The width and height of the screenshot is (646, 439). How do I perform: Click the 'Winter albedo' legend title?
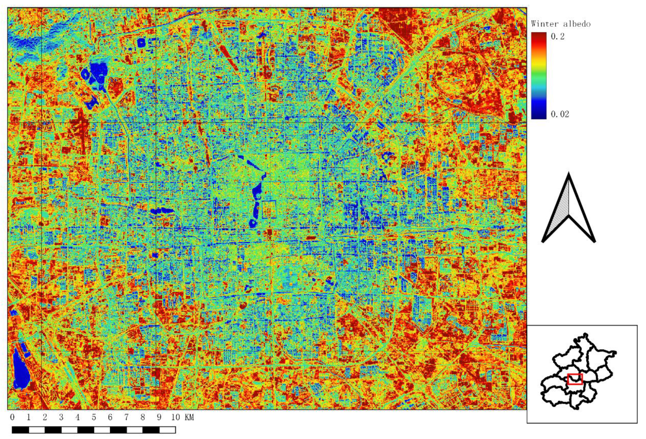[x=560, y=24]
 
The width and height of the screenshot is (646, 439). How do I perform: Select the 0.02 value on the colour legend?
[x=559, y=114]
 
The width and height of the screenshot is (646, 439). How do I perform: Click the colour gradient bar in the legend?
[x=538, y=76]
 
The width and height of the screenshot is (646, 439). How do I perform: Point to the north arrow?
[x=569, y=208]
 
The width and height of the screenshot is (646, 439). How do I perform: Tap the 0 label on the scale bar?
[x=12, y=417]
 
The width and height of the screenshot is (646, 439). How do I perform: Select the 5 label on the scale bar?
[x=94, y=417]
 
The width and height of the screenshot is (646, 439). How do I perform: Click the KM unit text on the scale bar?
[x=189, y=417]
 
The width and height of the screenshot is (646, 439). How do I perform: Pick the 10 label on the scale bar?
[x=175, y=417]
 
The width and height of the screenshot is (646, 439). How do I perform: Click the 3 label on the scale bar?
[x=61, y=417]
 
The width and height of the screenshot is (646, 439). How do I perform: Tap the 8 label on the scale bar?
[x=143, y=417]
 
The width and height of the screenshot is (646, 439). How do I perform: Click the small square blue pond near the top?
[x=141, y=43]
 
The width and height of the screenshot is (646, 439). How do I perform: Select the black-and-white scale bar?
[x=94, y=430]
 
